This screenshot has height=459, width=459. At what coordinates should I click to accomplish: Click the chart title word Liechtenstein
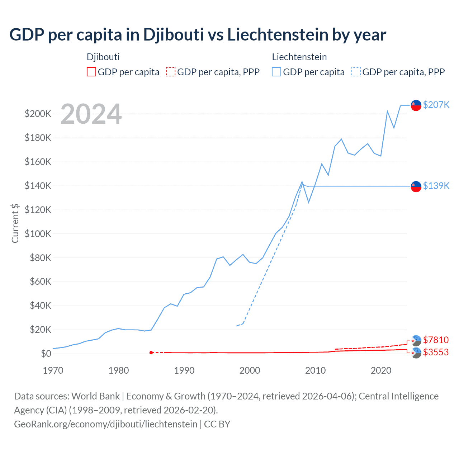278,35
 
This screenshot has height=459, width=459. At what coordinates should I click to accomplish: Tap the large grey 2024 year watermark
91,114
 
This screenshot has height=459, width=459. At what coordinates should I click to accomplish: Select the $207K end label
436,105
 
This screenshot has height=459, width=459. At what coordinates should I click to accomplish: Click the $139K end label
436,186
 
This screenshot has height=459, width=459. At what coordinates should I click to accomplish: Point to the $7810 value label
436,340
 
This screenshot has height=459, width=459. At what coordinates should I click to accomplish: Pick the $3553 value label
436,352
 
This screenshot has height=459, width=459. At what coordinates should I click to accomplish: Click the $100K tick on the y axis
38,234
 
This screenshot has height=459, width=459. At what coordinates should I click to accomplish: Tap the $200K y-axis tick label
38,114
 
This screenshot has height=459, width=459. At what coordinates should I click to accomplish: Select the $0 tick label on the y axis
46,354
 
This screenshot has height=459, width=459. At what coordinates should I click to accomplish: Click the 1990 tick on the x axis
184,370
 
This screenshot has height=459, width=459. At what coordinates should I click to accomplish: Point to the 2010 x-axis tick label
315,370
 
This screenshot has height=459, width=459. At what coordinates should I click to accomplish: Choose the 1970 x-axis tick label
53,370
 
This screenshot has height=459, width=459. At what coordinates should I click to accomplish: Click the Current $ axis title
15,223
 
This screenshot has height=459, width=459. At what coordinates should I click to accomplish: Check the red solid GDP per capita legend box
91,72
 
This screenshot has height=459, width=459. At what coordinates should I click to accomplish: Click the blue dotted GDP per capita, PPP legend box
356,72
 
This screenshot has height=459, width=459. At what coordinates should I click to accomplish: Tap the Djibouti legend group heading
103,57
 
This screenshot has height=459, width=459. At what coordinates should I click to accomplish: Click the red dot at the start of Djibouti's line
151,353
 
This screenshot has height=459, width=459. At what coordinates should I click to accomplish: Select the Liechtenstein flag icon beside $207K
416,105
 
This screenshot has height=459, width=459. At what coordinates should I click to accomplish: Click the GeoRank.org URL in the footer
106,424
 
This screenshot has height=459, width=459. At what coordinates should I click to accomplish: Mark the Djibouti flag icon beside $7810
416,340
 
